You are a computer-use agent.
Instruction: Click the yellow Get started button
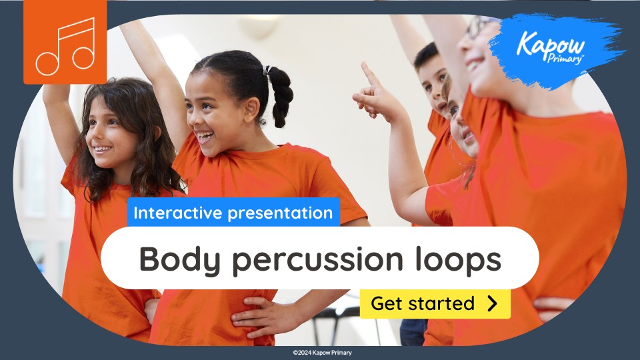(x=435, y=304)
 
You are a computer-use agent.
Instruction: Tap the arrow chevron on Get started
(x=492, y=304)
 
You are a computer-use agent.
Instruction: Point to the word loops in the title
(x=461, y=259)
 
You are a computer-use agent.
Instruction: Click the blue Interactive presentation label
(x=233, y=213)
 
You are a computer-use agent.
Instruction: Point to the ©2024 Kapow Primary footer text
(x=322, y=353)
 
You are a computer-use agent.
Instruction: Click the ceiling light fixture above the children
(x=257, y=27)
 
